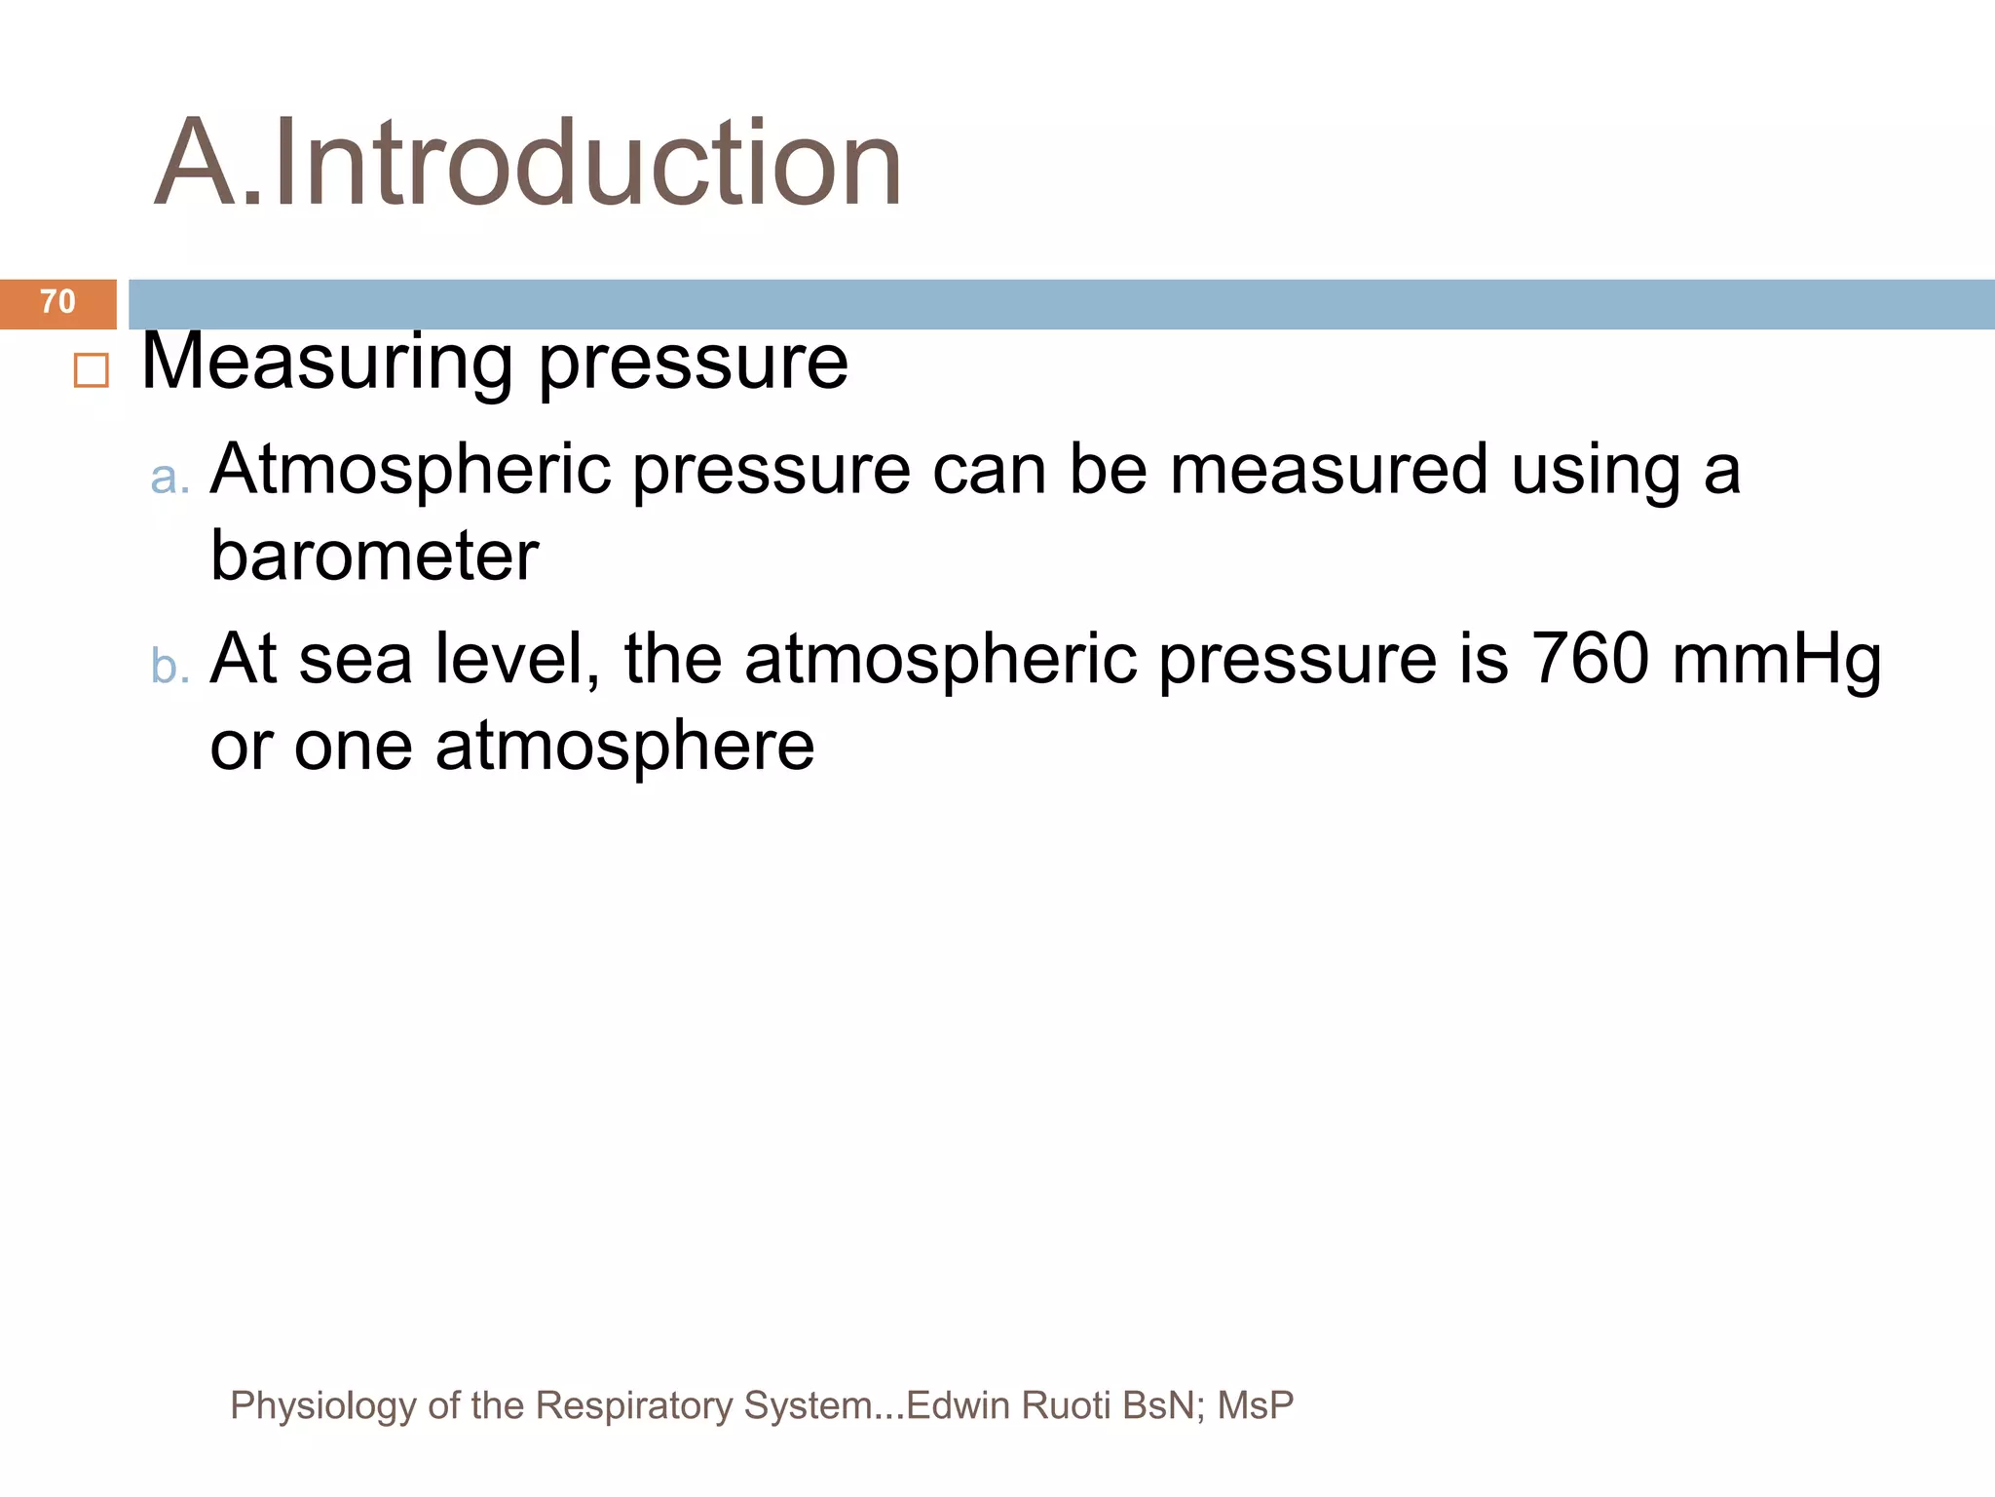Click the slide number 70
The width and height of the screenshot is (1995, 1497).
point(57,302)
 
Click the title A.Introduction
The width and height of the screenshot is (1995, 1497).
point(528,163)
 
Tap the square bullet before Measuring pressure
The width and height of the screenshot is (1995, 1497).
point(91,371)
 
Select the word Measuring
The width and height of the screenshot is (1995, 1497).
point(327,363)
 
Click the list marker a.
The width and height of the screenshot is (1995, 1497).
point(169,477)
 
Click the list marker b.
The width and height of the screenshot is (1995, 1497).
point(169,666)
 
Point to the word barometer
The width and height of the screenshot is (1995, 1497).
point(374,556)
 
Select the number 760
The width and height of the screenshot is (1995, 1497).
point(1590,658)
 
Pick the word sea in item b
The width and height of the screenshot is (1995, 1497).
point(356,660)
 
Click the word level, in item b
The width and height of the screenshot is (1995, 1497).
point(517,658)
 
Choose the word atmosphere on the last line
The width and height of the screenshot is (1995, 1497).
point(624,747)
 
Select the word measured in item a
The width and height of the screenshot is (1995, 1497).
point(1329,469)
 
